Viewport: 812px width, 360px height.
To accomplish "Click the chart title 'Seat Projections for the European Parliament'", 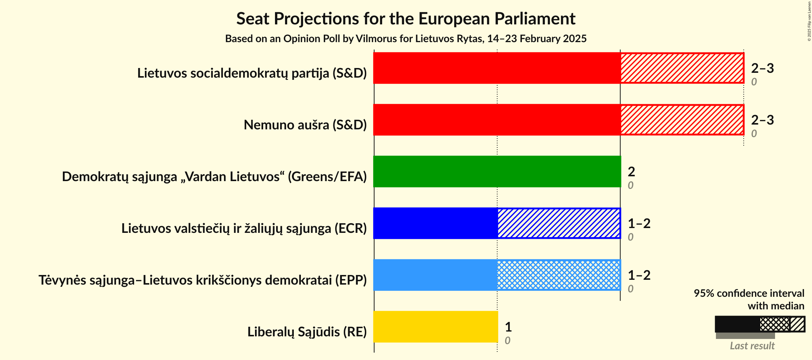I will (406, 18).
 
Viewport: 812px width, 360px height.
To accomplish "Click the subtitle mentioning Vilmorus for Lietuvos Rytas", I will (406, 39).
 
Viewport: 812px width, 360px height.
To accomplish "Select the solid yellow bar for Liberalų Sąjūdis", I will (435, 327).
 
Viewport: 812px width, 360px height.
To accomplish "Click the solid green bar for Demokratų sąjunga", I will (497, 171).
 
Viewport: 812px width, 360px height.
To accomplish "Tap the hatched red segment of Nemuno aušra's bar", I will (682, 120).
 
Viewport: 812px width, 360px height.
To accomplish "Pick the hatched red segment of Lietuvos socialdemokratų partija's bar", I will (682, 68).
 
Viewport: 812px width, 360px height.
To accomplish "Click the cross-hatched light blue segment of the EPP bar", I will (558, 275).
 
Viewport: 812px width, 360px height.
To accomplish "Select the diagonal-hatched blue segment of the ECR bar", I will (558, 223).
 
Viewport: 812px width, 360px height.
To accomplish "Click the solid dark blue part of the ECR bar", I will (435, 223).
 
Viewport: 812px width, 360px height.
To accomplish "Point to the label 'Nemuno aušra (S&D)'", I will (305, 125).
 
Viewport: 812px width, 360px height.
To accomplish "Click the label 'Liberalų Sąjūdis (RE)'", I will (307, 332).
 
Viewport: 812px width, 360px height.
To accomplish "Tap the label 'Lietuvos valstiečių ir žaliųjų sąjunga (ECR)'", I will (244, 228).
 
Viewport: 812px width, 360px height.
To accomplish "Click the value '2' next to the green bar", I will (631, 171).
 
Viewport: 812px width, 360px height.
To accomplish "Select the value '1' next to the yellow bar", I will (508, 327).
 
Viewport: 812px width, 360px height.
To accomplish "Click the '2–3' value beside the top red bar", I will (762, 68).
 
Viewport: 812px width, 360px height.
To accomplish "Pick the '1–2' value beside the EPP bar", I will (639, 275).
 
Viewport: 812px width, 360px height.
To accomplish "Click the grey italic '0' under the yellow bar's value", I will (507, 340).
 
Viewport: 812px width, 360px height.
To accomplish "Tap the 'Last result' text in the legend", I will (752, 346).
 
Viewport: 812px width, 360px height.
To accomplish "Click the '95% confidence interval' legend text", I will (749, 293).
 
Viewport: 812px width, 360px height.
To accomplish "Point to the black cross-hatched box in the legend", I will (775, 324).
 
